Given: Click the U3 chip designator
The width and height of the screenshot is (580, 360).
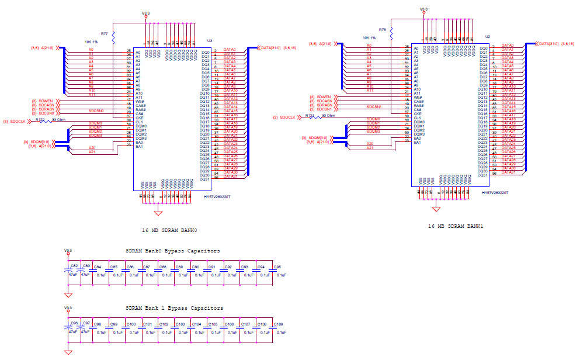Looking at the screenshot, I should tap(209, 40).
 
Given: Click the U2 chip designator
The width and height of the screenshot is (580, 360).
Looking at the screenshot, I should tap(487, 36).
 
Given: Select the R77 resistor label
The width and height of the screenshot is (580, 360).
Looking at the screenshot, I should tap(104, 34).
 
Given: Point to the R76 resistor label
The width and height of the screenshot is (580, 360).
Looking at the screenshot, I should tap(382, 29).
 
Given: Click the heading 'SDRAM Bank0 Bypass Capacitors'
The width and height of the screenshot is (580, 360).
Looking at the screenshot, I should tap(173, 251).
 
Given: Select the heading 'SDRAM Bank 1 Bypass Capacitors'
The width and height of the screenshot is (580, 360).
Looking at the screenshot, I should tap(174, 308).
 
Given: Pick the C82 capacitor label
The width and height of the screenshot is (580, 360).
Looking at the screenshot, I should tap(74, 266).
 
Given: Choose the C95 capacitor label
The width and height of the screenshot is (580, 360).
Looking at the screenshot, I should tap(277, 267).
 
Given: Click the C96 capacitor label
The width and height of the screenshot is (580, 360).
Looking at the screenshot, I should tap(74, 324).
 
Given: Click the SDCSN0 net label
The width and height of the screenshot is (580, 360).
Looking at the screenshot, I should tap(96, 110).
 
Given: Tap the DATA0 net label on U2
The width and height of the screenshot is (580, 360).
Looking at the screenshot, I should tap(507, 45).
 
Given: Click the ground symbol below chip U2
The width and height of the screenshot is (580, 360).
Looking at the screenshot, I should tap(436, 208).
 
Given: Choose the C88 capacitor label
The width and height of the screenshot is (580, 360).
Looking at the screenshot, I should tap(163, 267).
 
